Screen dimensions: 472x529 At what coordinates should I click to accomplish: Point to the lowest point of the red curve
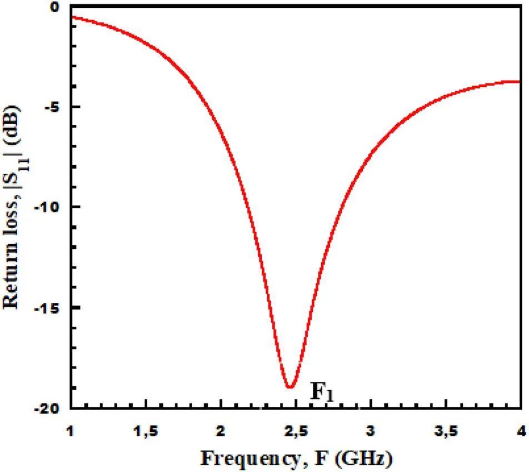290,387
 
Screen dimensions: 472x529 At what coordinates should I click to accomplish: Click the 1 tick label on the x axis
71,430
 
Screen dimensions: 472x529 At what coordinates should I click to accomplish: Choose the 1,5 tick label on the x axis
146,430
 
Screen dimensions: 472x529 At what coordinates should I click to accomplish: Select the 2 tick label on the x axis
221,430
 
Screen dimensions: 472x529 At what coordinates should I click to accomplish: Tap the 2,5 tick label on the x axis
296,430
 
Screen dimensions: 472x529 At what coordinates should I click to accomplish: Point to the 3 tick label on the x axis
371,430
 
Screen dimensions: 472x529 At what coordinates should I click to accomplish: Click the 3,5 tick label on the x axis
446,430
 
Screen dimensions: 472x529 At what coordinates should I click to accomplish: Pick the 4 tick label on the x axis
520,430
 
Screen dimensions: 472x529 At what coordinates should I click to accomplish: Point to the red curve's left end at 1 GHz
72,17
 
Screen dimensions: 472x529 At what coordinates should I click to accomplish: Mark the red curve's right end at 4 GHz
520,82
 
